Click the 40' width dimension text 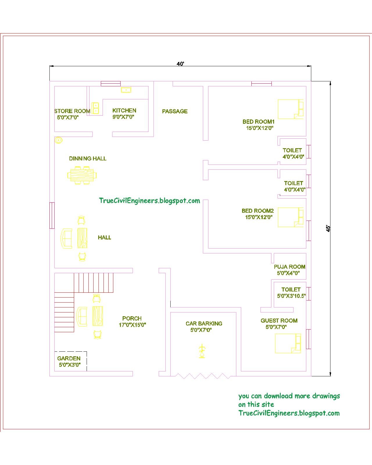180,64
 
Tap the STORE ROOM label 72,111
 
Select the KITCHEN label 124,110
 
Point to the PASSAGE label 175,111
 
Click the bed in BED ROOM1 290,109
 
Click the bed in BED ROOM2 290,217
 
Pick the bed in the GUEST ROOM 288,343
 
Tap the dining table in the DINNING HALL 82,175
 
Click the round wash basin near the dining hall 58,140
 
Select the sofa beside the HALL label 66,238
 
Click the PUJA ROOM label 289,267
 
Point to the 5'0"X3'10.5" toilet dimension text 291,296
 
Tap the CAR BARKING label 204,323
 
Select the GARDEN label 69,358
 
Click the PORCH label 132,318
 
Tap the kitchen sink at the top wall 126,90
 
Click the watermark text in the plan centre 149,201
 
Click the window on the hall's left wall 52,215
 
